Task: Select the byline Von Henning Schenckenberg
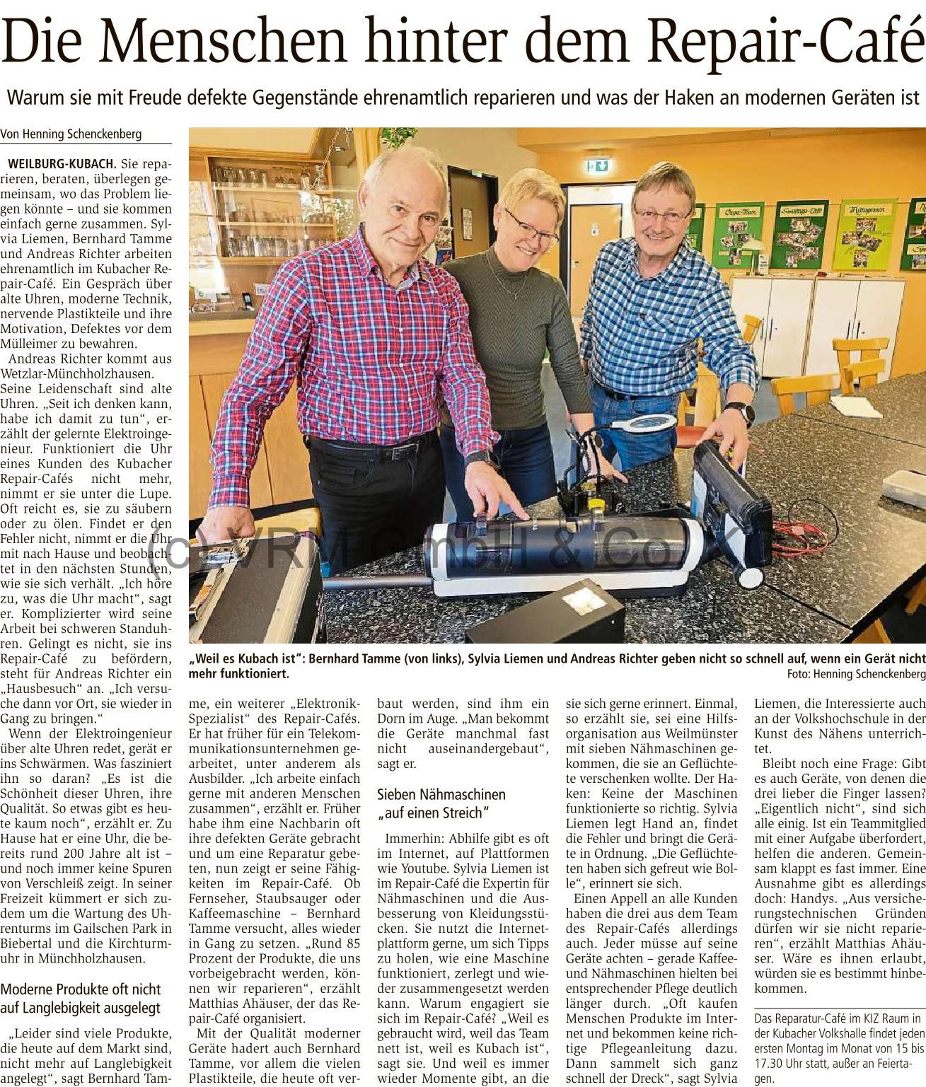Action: [71, 134]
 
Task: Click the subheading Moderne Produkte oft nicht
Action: [81, 989]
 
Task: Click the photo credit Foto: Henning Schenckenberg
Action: [855, 673]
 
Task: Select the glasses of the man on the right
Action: [662, 212]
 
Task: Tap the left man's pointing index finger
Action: [522, 516]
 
